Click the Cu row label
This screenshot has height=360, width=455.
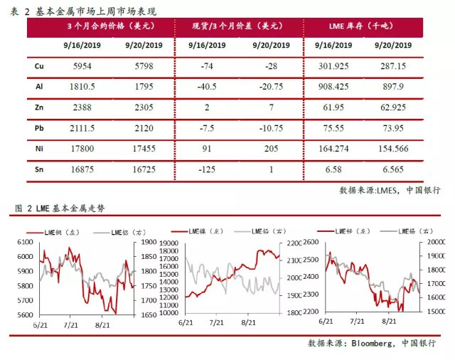tap(40, 65)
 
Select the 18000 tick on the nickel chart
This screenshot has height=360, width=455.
tap(169, 243)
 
